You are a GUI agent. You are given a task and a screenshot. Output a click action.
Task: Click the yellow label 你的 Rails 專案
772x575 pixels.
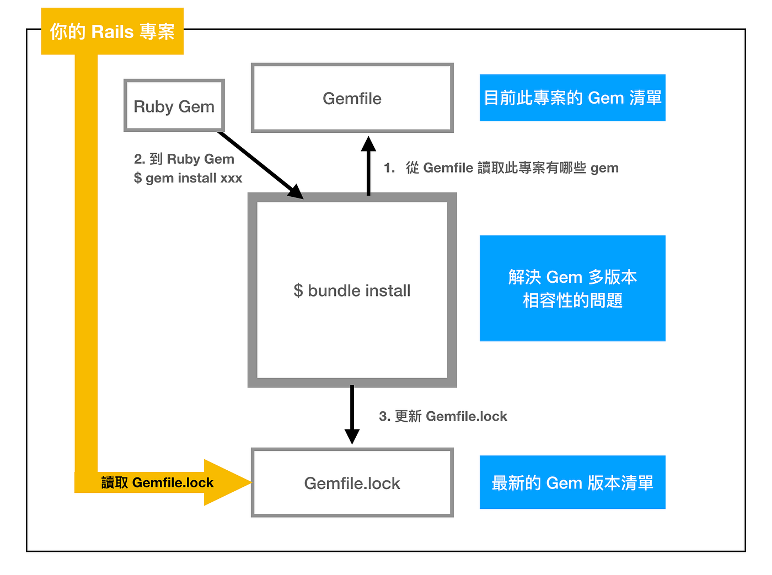pyautogui.click(x=112, y=31)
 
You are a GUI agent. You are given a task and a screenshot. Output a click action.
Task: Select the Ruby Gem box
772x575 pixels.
pyautogui.click(x=174, y=106)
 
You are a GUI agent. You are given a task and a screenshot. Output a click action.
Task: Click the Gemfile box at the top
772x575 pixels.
pyautogui.click(x=352, y=98)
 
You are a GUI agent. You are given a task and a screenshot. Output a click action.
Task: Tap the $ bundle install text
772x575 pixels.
pyautogui.click(x=352, y=291)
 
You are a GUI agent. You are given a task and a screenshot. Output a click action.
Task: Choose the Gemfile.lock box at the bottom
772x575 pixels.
pyautogui.click(x=352, y=483)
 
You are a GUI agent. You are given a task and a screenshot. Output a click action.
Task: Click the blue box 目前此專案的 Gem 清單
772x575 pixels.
pyautogui.click(x=572, y=98)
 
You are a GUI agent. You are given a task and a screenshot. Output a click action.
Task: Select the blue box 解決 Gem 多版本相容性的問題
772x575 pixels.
pyautogui.click(x=572, y=288)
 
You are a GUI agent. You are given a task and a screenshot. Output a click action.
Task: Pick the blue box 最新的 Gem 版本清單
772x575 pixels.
pyautogui.click(x=572, y=482)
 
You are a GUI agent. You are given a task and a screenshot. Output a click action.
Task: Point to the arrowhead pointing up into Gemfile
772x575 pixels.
pyautogui.click(x=368, y=144)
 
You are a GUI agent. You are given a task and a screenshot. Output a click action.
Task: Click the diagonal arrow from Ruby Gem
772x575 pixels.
pyautogui.click(x=259, y=164)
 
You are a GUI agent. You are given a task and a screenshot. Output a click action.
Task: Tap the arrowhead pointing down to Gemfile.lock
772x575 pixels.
pyautogui.click(x=352, y=436)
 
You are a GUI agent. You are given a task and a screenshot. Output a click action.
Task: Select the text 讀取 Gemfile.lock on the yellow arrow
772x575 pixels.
pyautogui.click(x=157, y=483)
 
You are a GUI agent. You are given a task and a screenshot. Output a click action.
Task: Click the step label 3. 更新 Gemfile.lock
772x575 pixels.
pyautogui.click(x=443, y=416)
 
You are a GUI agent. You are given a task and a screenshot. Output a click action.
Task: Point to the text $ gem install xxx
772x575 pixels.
pyautogui.click(x=188, y=178)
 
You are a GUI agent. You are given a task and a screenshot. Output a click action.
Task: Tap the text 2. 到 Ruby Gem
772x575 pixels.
pyautogui.click(x=184, y=159)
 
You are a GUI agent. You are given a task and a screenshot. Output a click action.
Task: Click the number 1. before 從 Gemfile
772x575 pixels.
pyautogui.click(x=389, y=168)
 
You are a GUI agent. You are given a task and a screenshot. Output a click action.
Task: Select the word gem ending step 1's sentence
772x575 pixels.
pyautogui.click(x=604, y=168)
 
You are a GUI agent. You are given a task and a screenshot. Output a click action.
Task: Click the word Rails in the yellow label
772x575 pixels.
pyautogui.click(x=112, y=31)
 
